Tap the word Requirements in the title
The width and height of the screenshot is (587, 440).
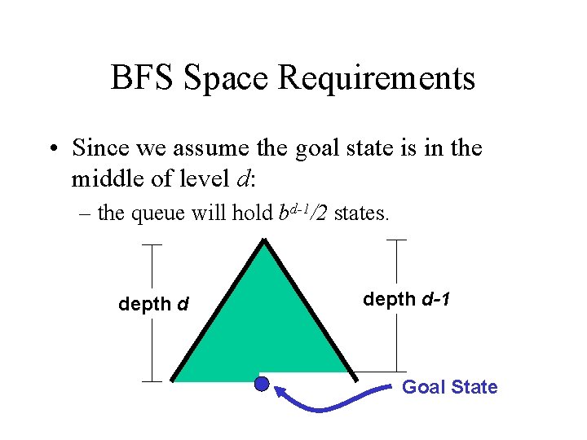point(377,79)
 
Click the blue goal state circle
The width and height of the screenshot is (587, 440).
point(262,384)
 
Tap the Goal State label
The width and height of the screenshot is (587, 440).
point(449,387)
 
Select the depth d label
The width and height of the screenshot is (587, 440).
point(154,305)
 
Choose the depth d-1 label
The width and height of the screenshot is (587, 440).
point(406,300)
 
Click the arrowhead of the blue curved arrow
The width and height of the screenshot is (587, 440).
point(278,394)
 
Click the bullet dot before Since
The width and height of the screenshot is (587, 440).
point(51,149)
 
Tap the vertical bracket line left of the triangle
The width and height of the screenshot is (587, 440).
point(152,312)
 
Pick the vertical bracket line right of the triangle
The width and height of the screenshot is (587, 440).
point(396,306)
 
